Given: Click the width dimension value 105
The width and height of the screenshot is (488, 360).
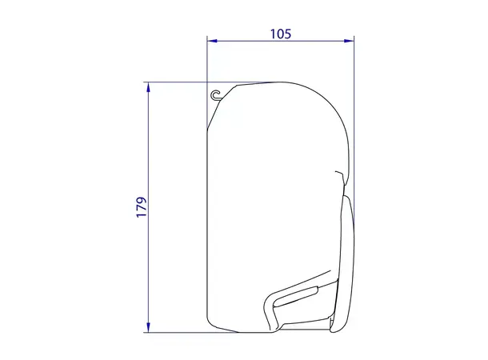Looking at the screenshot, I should pos(280,34).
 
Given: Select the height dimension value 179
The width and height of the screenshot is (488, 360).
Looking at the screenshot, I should pos(141,206).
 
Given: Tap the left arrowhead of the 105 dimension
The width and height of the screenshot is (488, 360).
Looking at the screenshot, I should pos(210,41).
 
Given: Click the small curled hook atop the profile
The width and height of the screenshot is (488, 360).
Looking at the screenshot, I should pos(216,95).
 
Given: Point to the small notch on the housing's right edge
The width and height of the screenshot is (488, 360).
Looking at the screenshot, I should pos(339,174).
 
